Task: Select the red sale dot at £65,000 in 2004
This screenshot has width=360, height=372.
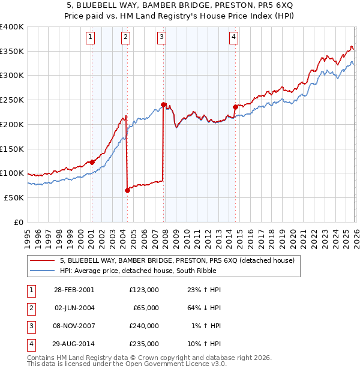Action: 127,190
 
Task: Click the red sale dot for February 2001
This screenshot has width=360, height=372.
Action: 92,162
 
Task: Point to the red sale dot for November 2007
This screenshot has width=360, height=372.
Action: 163,104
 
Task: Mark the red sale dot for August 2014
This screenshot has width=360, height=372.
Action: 235,107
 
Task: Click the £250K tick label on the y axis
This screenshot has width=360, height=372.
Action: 12,100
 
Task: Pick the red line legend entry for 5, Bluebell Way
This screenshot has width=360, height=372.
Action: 176,260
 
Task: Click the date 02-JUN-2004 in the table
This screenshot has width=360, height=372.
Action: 74,308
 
